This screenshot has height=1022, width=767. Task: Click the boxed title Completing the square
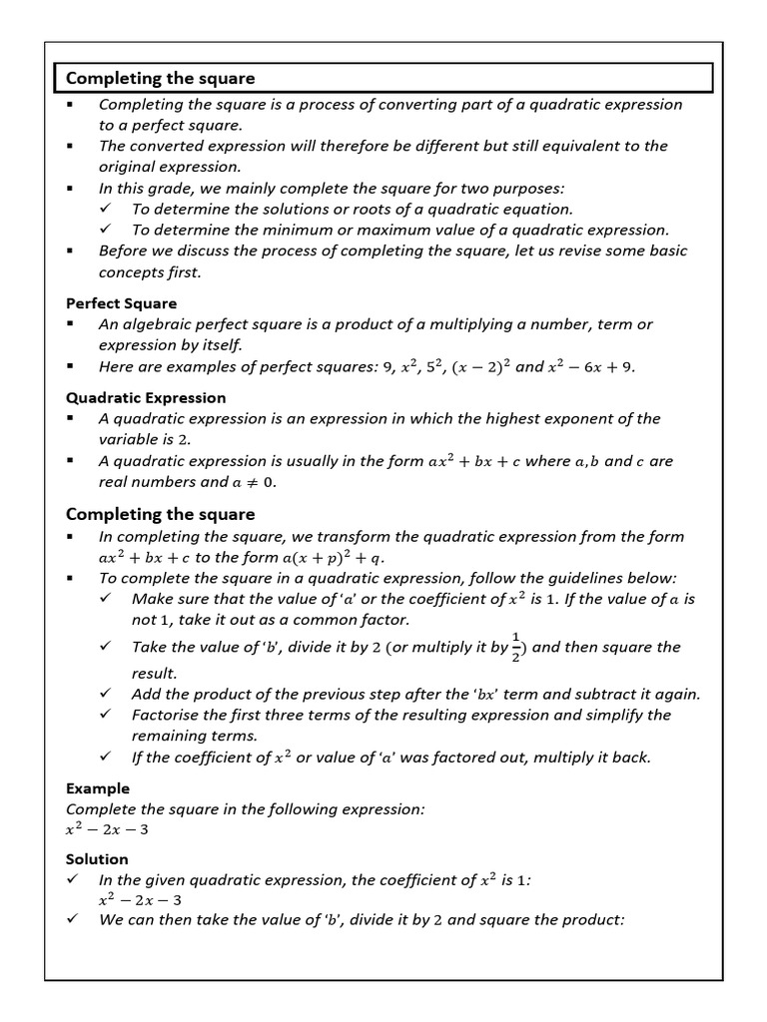[x=161, y=78]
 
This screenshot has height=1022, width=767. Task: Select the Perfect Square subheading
[x=121, y=303]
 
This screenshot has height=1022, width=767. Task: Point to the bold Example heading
[x=98, y=788]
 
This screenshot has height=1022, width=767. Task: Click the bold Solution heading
[x=97, y=858]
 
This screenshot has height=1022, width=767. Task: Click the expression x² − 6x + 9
[x=590, y=366]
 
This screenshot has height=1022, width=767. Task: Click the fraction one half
[x=516, y=647]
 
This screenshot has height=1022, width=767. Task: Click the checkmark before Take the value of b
[x=106, y=647]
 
